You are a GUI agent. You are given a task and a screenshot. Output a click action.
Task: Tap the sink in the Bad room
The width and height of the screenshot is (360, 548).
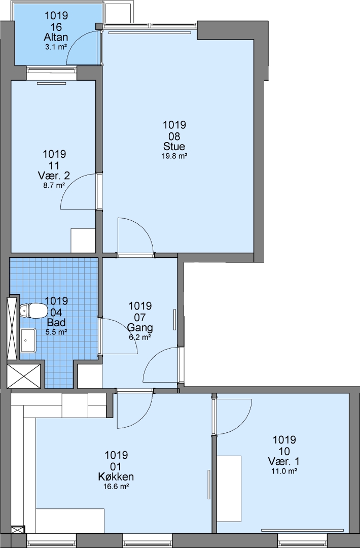point(28,340)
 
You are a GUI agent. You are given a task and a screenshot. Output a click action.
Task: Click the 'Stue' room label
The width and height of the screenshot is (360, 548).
point(174,146)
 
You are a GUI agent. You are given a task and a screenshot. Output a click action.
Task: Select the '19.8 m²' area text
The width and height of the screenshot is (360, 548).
point(174,156)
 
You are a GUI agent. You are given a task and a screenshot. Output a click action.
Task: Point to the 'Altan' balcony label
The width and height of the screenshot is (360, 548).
point(56,37)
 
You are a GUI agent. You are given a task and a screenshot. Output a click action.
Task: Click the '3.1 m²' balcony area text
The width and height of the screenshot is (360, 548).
point(56,47)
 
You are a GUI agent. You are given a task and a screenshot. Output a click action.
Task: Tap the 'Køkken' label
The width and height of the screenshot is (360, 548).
point(116,476)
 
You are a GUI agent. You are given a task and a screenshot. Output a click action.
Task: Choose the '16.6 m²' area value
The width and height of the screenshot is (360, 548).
point(116,486)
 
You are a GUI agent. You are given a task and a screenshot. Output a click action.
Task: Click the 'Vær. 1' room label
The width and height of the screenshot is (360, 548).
point(284,461)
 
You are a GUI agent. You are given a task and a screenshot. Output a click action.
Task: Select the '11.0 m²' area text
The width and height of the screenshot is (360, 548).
point(284,471)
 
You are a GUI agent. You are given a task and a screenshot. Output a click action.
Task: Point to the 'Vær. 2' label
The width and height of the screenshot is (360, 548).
point(54,176)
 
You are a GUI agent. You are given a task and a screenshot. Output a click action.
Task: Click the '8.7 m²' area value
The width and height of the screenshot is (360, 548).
point(54,185)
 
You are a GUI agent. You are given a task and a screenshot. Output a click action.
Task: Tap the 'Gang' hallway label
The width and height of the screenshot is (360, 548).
point(139,327)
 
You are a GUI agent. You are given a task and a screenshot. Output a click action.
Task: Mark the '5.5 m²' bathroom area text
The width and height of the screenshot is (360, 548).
point(56,332)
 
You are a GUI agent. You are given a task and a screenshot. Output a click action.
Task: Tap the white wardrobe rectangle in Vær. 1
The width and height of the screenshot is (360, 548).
point(229,489)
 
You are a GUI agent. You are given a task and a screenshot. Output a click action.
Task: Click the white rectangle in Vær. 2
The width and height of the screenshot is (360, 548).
point(83,241)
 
